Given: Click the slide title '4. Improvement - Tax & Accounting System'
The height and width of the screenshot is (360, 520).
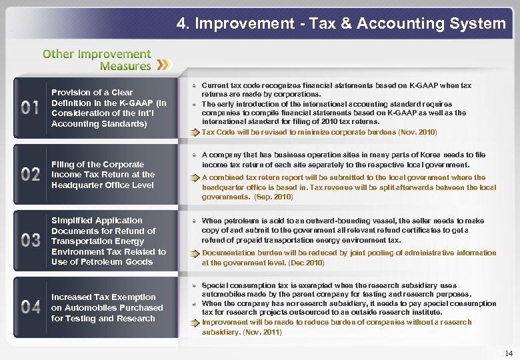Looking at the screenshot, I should click(341, 24).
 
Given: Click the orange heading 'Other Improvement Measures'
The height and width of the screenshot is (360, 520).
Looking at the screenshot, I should click(97, 59).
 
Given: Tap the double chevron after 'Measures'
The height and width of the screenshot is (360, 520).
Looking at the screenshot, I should click(164, 65).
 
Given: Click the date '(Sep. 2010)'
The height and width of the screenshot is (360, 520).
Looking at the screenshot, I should click(255, 197).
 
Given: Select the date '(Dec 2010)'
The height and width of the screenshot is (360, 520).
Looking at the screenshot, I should click(305, 263).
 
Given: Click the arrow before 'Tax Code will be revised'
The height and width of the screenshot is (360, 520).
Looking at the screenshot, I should click(193, 132).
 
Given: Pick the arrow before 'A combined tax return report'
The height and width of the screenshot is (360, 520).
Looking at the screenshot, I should click(193, 178).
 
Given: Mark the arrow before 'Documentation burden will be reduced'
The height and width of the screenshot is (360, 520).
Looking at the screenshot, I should click(193, 253).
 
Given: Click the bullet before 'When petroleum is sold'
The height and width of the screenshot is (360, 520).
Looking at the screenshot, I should click(192, 221).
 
